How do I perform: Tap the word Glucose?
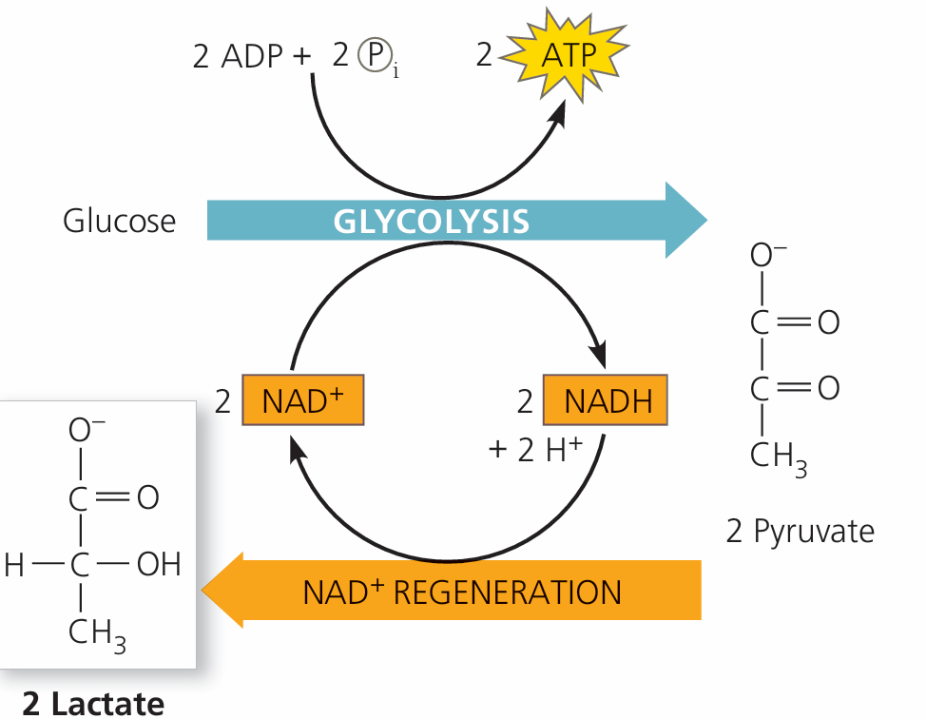click(120, 221)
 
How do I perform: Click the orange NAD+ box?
click(303, 400)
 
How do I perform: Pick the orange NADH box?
click(606, 400)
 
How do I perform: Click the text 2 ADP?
click(237, 57)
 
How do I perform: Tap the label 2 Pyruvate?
click(800, 531)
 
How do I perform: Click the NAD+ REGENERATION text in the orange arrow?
click(462, 592)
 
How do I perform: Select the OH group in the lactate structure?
click(158, 565)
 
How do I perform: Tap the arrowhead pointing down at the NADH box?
click(600, 358)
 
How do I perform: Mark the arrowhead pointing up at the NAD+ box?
click(298, 445)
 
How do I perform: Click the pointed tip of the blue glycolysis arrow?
click(705, 221)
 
